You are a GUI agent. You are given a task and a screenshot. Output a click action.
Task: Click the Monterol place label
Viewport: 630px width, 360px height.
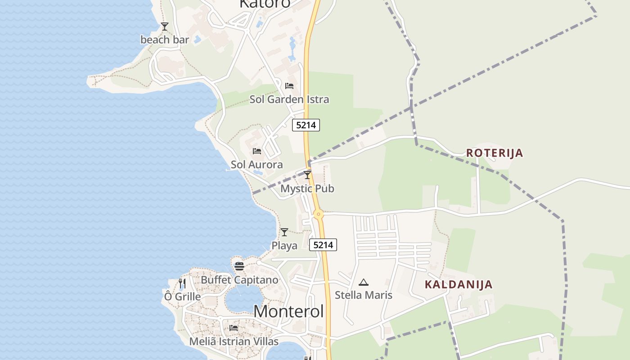tap(288, 311)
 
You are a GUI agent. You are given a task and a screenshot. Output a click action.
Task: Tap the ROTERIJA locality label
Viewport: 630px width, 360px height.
tap(495, 153)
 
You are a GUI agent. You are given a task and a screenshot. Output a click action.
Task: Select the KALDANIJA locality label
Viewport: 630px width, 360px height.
tap(459, 284)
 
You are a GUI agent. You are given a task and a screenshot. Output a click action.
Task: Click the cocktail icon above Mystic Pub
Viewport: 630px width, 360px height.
tap(307, 175)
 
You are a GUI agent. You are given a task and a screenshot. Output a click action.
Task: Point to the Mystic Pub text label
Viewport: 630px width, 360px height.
tap(307, 189)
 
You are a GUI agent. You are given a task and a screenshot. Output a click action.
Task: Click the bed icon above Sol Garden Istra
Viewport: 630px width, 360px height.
tap(289, 85)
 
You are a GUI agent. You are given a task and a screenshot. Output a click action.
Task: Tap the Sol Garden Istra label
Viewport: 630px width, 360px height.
tap(289, 99)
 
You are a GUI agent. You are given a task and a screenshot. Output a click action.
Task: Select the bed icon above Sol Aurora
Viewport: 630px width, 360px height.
tap(257, 151)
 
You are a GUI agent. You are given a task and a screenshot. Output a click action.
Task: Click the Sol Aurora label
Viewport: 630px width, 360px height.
tap(257, 165)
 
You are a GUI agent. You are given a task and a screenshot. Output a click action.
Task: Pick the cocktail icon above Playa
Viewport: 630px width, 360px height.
tap(284, 232)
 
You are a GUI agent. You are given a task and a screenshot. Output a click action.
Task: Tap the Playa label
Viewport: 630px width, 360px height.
tap(284, 246)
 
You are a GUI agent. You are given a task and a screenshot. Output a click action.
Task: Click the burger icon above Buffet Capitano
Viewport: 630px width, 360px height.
tap(239, 266)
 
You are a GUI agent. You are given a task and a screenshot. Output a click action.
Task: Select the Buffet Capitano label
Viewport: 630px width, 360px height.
tap(239, 280)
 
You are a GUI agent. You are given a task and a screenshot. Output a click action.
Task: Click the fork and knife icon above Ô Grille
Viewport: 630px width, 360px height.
tap(182, 283)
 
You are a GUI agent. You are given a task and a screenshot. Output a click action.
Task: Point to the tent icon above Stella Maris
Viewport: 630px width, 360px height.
tap(364, 282)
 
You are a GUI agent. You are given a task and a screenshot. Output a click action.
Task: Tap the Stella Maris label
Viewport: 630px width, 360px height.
tap(364, 295)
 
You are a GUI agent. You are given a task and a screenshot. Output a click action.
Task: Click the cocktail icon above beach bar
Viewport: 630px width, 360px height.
tap(165, 26)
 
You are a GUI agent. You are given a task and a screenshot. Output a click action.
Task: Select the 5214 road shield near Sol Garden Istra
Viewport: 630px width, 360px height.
tap(306, 125)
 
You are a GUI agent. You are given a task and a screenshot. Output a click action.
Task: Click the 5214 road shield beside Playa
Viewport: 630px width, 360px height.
tap(323, 245)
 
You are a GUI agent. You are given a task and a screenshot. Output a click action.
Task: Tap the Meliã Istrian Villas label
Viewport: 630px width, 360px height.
tap(234, 342)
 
